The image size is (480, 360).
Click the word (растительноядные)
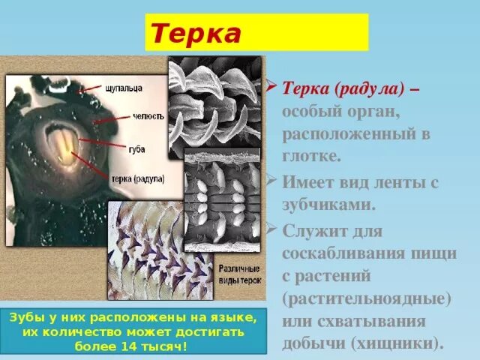[x=367, y=298]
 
